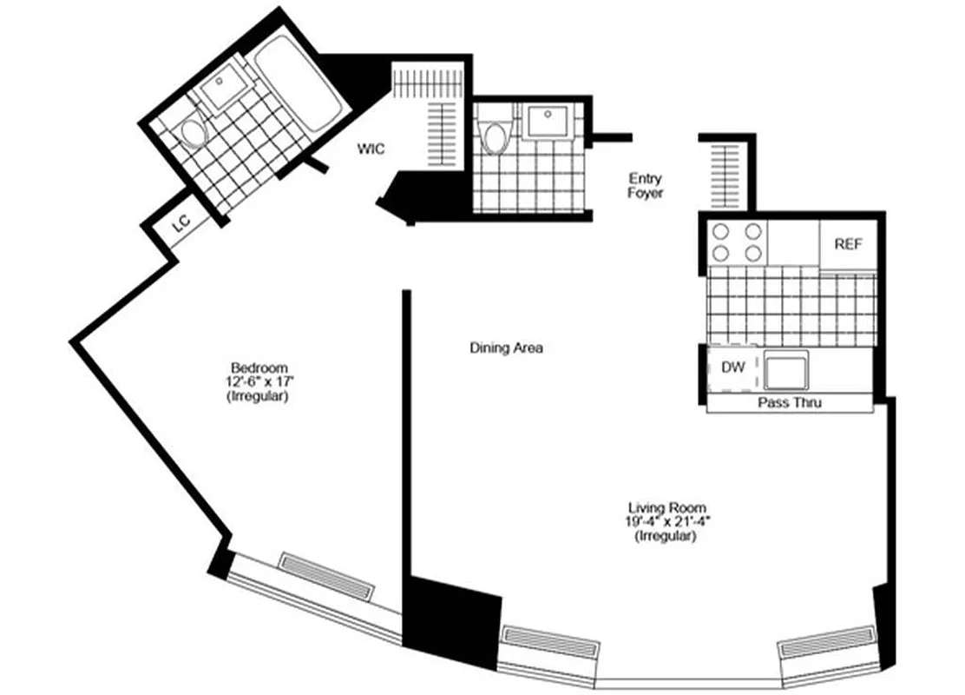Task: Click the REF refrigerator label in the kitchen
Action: tap(848, 244)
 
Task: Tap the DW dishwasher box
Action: tap(733, 367)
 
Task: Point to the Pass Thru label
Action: tap(790, 403)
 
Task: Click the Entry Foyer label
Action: tap(646, 186)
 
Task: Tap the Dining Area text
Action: tap(506, 348)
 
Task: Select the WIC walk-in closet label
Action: tap(371, 149)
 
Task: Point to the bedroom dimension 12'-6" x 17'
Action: tap(259, 381)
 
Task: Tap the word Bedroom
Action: tap(259, 367)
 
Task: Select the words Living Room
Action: tap(666, 507)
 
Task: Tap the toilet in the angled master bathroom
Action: tap(193, 134)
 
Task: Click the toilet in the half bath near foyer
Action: tap(495, 138)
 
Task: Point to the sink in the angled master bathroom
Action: tap(223, 88)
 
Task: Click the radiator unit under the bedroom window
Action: tap(325, 575)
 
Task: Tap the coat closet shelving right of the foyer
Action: tap(725, 174)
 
